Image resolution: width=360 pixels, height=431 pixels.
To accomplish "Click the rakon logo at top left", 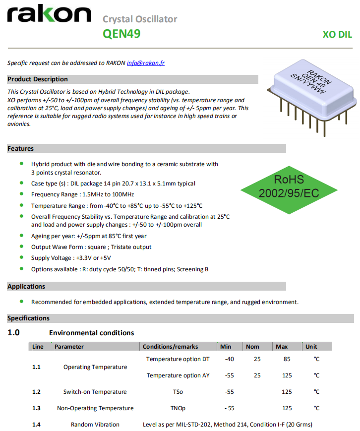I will click(49, 15).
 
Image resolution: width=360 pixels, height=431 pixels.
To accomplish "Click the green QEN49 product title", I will click(121, 34).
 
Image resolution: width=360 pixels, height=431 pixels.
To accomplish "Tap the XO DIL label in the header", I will click(337, 35).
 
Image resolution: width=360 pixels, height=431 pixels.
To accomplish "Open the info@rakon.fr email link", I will click(146, 63).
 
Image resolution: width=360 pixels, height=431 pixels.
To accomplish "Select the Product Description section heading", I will click(38, 79).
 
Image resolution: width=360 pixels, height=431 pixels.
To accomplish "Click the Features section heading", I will click(21, 148).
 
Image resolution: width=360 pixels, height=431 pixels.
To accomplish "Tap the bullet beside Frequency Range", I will click(21, 194).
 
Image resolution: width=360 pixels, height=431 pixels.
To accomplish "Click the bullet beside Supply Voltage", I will click(21, 257).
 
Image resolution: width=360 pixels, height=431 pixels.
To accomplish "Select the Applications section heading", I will click(26, 286).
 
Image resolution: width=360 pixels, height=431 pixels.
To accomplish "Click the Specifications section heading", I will click(28, 318).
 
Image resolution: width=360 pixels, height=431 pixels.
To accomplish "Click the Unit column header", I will click(311, 347).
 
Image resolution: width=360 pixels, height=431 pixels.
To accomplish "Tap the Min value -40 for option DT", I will click(229, 359).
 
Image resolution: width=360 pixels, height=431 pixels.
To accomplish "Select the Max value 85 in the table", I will click(287, 359).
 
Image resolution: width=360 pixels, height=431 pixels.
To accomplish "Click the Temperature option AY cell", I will click(178, 375).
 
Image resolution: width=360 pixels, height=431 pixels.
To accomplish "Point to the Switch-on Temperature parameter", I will click(95, 392).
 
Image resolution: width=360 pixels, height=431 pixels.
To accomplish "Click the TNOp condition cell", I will click(178, 408).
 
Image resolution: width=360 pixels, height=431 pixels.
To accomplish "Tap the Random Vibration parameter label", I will click(95, 424).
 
